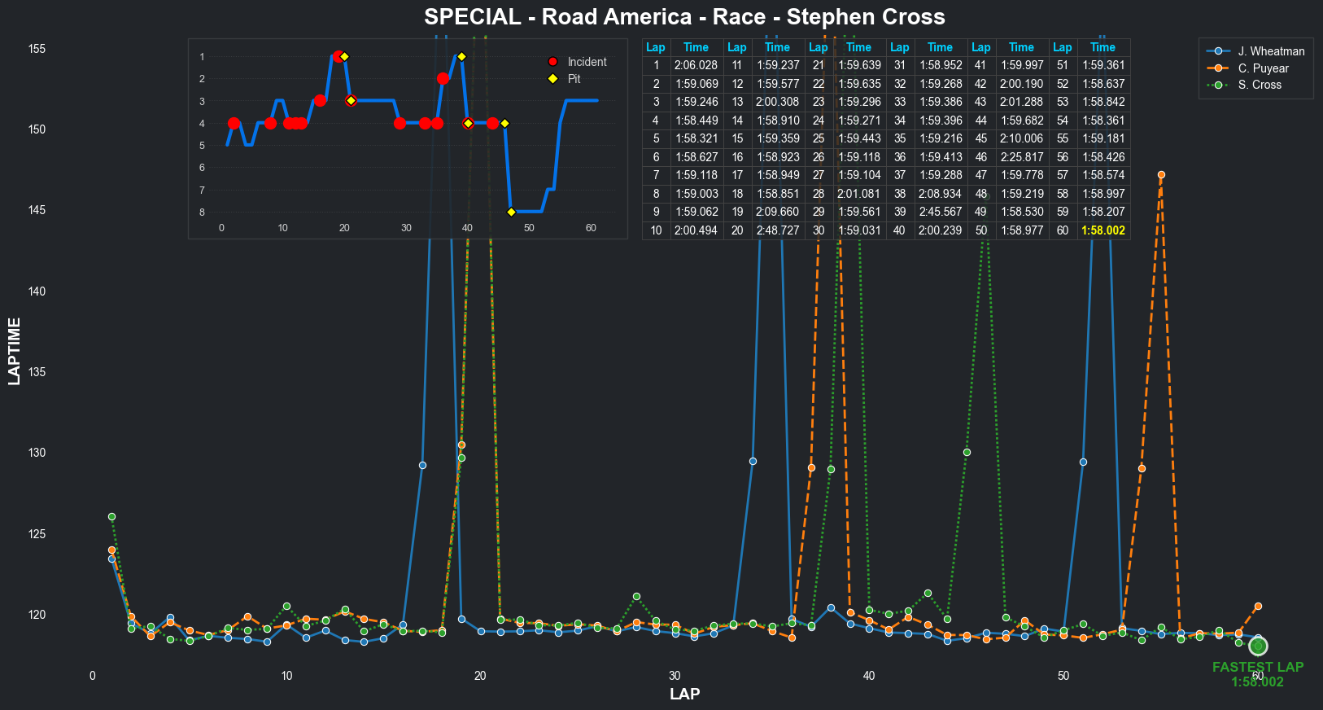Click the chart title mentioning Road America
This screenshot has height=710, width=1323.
point(684,17)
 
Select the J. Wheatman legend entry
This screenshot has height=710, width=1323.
point(1271,51)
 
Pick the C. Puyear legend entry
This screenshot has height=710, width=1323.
point(1263,68)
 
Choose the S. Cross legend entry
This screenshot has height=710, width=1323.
point(1260,85)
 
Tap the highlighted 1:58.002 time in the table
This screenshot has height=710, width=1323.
point(1102,230)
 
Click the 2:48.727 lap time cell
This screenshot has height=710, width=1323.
point(777,230)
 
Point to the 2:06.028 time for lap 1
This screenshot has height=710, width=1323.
point(696,65)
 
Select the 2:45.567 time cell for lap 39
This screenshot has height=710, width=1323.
point(940,212)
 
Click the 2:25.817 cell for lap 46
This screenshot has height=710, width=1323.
point(1021,157)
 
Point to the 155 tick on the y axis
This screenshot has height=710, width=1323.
point(37,49)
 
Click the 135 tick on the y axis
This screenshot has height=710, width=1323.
point(37,372)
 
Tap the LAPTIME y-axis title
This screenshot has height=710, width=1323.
point(14,351)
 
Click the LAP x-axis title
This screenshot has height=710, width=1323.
point(684,694)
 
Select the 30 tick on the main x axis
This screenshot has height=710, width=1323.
point(675,676)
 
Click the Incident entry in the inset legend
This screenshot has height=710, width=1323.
point(587,62)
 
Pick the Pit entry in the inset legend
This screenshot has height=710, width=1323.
point(574,79)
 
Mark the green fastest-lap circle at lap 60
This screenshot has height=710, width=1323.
point(1258,646)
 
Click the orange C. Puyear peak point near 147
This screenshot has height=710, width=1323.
point(1161,175)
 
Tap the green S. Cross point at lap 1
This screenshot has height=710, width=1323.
point(111,517)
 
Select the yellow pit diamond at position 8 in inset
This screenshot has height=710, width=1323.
point(511,213)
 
